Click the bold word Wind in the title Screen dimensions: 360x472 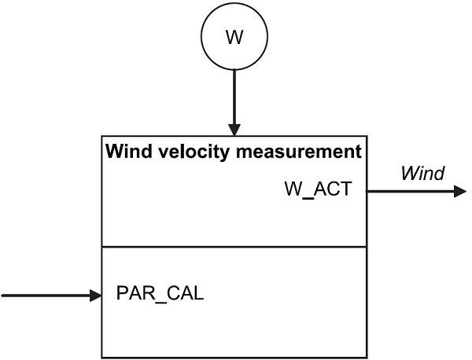pyautogui.click(x=124, y=151)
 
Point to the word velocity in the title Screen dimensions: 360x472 pyautogui.click(x=187, y=151)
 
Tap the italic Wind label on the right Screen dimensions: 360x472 pyautogui.click(x=422, y=173)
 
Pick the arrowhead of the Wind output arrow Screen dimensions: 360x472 pyautogui.click(x=460, y=191)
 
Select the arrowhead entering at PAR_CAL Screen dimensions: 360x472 pyautogui.click(x=97, y=296)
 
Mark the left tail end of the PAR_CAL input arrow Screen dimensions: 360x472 pyautogui.click(x=4, y=296)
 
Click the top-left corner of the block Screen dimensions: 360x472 pyautogui.click(x=102, y=136)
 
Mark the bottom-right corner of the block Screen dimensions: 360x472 pyautogui.click(x=366, y=358)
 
